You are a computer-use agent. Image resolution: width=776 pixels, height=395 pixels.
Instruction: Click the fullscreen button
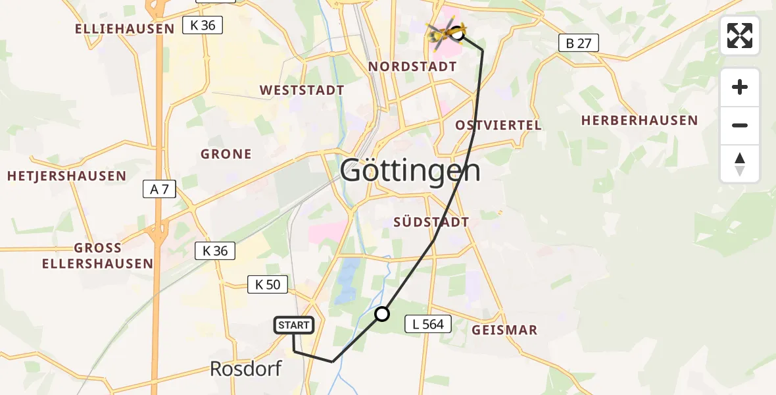tap(740, 36)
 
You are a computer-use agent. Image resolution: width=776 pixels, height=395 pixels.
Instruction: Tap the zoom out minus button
tap(740, 125)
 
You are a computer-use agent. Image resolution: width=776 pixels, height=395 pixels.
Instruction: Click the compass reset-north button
tap(740, 164)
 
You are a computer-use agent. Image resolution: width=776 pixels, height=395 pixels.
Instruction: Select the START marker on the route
tap(293, 325)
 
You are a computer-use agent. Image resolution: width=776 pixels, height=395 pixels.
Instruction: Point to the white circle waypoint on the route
tap(382, 314)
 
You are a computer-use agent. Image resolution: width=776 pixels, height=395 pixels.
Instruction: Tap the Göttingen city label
tap(411, 172)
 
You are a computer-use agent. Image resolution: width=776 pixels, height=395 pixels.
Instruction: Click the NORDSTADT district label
tap(412, 66)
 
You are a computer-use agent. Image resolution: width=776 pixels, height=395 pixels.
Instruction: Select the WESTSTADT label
tap(302, 90)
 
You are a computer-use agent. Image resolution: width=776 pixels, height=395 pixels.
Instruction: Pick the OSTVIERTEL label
tap(498, 125)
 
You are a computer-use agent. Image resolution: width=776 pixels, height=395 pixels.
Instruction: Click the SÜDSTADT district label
tap(431, 222)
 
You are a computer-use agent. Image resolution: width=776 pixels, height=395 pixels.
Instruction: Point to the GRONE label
tap(226, 154)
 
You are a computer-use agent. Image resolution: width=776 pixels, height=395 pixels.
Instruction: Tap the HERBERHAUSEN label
tap(639, 120)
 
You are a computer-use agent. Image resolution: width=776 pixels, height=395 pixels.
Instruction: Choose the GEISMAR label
tap(504, 330)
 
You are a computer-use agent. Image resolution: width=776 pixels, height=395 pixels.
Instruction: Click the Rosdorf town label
tap(245, 369)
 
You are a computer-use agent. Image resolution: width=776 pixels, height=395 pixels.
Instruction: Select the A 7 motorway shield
tap(160, 190)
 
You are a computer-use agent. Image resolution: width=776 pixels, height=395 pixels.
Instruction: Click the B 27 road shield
tap(578, 43)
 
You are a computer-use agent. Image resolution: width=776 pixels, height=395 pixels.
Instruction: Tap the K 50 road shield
tap(268, 284)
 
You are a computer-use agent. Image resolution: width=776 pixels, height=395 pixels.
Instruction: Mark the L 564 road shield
tap(428, 324)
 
